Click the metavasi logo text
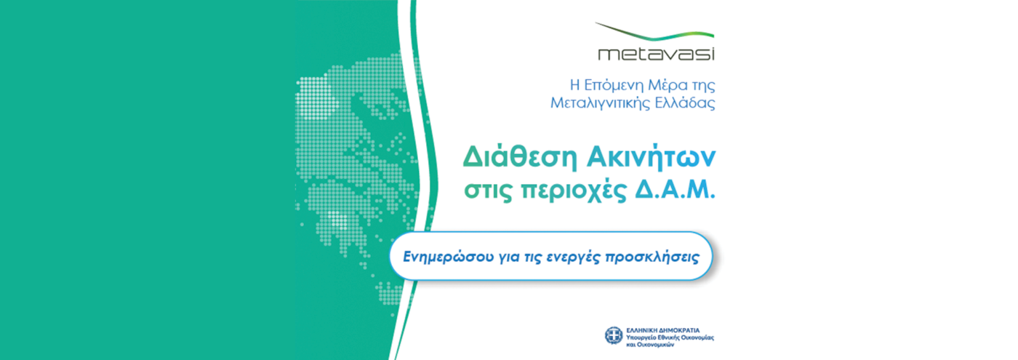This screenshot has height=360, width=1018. (x=655, y=54)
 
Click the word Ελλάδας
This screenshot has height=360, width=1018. (x=686, y=103)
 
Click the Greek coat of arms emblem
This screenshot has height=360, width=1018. (x=614, y=335)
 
